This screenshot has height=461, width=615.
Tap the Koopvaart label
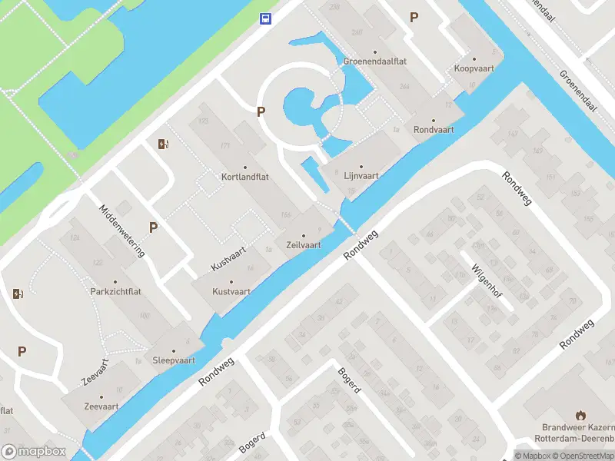coord(474,68)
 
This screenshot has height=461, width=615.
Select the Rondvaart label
coord(434,130)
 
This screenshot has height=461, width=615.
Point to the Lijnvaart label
coord(361,176)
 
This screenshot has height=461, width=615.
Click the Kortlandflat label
coord(245,177)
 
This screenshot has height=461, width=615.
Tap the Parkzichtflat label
coord(115,292)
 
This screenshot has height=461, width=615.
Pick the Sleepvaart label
coord(174,360)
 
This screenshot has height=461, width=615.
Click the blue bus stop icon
coord(265,18)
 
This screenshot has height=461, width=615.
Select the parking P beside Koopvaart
coord(414,18)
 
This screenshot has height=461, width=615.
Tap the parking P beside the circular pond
coord(261,112)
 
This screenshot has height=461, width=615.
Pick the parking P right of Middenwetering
coord(154,227)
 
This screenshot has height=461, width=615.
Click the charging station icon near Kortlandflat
coord(162,144)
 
